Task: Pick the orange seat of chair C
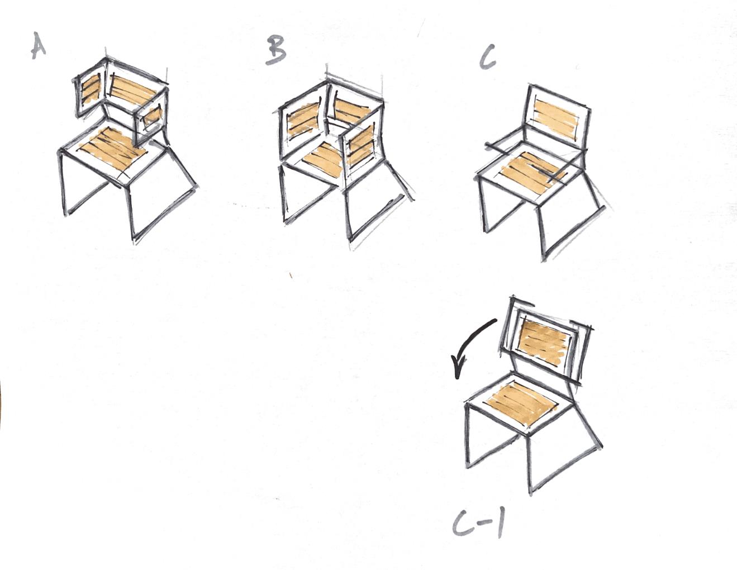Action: click(532, 173)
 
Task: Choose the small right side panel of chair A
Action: click(153, 118)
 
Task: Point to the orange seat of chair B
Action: click(324, 159)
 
